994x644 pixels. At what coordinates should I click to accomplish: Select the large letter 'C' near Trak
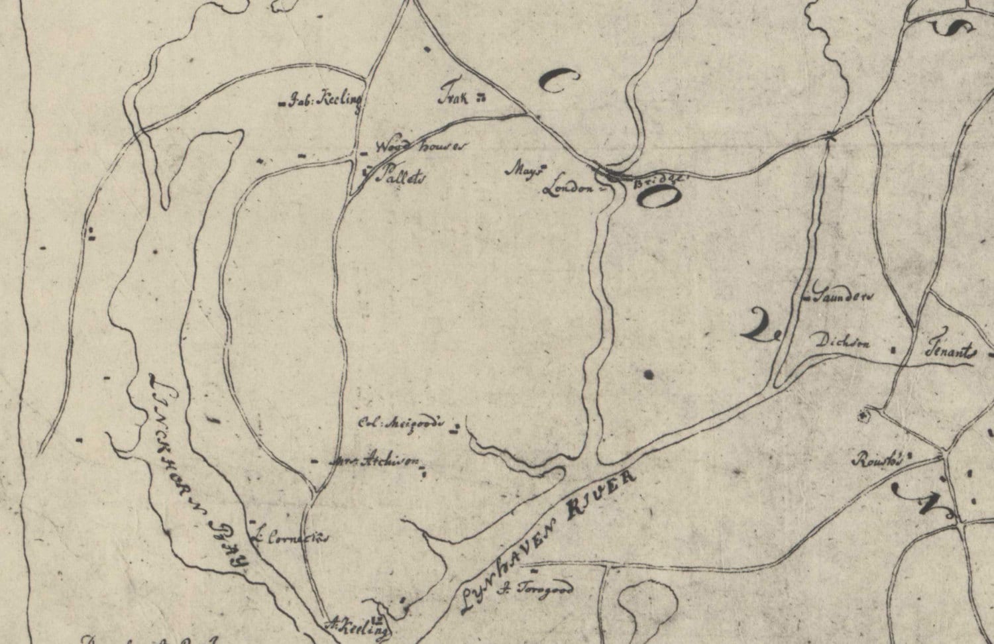[557, 81]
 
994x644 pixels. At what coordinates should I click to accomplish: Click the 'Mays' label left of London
[524, 170]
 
